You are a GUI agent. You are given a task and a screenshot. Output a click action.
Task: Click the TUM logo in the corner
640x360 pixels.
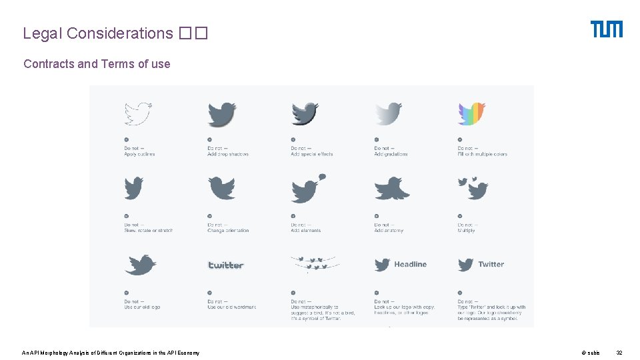click(x=606, y=29)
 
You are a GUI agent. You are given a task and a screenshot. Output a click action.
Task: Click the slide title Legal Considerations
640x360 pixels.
click(x=98, y=33)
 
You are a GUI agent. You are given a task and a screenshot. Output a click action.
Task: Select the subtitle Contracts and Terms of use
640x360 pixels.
click(x=97, y=64)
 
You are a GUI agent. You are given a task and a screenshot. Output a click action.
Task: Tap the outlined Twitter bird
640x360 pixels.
click(x=138, y=114)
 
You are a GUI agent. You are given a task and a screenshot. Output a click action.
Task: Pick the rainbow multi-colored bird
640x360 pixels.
click(x=471, y=114)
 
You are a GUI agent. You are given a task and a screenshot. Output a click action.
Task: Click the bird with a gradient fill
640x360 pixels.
click(x=388, y=114)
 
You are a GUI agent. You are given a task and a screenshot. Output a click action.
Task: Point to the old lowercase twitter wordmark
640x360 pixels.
click(x=226, y=265)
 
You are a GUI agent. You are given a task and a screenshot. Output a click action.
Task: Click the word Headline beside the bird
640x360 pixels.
click(x=410, y=265)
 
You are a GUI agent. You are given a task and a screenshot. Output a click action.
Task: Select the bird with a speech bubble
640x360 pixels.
click(x=308, y=189)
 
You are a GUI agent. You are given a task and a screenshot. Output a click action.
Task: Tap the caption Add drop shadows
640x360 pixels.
click(x=228, y=154)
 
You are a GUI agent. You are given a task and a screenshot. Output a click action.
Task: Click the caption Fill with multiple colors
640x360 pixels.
click(x=482, y=154)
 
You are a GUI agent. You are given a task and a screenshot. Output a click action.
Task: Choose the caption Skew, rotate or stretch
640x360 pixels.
click(x=148, y=231)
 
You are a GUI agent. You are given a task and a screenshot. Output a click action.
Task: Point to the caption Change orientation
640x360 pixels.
click(x=228, y=231)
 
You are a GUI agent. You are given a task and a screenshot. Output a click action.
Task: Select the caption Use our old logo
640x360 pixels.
click(x=142, y=307)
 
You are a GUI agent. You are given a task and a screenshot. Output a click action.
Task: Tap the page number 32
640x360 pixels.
click(x=619, y=353)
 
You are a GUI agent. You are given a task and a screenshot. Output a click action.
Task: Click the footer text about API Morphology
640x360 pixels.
click(x=110, y=353)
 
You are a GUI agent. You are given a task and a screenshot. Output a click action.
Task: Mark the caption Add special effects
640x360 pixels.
click(x=311, y=154)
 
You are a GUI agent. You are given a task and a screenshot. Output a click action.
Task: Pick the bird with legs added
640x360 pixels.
click(x=391, y=189)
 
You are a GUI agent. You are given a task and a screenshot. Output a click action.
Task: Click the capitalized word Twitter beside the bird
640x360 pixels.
click(x=491, y=265)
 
